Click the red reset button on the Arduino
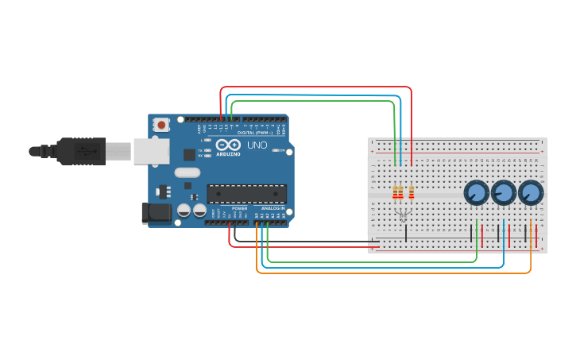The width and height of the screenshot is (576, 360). [161, 125]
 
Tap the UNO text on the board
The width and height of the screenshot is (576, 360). [257, 145]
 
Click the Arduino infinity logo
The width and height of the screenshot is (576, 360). [228, 145]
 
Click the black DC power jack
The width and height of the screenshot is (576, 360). [156, 212]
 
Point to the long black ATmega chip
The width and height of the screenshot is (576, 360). [246, 193]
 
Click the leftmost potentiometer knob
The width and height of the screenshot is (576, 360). [476, 192]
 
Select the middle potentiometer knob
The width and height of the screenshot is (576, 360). [503, 192]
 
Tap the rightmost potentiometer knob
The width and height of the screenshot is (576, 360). [530, 192]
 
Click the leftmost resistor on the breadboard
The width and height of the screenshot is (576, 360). [395, 192]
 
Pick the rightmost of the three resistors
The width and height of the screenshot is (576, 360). [412, 192]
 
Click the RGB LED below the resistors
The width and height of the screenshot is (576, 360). [403, 215]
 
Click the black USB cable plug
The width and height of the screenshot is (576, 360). [79, 151]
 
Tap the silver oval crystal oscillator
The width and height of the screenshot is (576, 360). [187, 172]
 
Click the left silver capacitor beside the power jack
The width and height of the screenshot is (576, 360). [184, 211]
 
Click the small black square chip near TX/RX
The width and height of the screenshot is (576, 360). [189, 155]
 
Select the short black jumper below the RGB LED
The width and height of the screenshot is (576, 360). [406, 234]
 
